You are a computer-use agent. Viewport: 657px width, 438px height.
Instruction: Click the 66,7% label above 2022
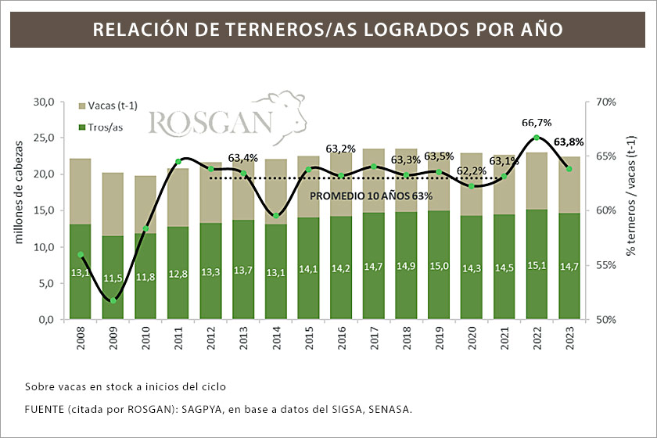[537, 122]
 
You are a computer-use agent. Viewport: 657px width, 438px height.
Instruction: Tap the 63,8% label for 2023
[569, 142]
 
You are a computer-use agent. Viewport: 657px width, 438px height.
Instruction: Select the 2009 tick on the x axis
[113, 342]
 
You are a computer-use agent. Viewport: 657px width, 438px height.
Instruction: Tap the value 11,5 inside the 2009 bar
[113, 278]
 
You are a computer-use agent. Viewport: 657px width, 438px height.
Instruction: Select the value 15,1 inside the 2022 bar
[536, 266]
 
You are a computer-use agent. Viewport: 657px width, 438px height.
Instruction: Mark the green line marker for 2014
[277, 216]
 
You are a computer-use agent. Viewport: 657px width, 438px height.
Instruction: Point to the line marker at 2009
[113, 300]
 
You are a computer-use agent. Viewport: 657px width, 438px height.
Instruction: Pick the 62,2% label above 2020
[470, 171]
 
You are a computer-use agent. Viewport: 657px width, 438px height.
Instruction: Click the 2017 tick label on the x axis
[375, 342]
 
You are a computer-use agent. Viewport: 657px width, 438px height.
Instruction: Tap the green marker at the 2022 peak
[537, 138]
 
